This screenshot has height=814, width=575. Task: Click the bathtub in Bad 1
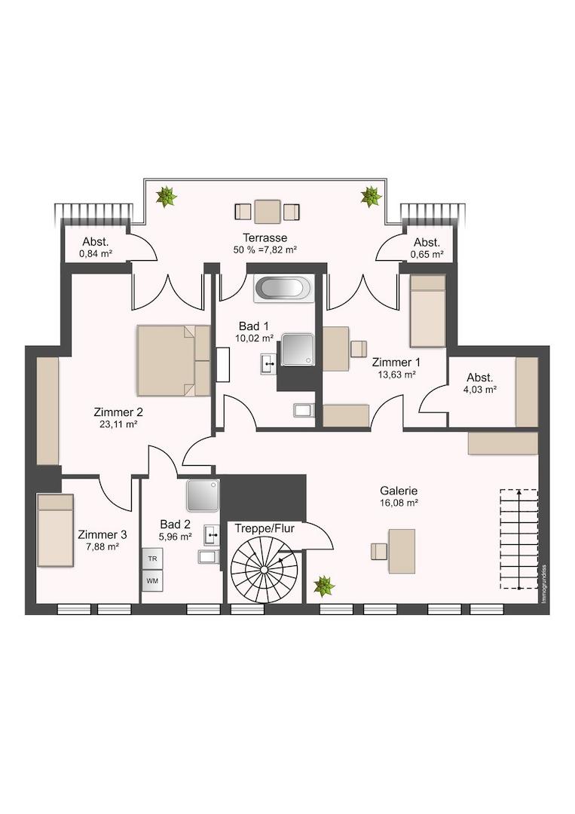point(283,289)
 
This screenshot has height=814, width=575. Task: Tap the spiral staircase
point(265,570)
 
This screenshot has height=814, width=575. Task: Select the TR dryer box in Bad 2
point(152,558)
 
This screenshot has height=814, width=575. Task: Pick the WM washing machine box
point(152,581)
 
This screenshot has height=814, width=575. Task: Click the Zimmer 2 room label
point(118,412)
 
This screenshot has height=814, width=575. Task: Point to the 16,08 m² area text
point(399,503)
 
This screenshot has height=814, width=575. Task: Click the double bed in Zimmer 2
point(174,360)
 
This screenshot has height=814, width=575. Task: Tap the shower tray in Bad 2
point(203,496)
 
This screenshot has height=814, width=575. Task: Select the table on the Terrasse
point(268,211)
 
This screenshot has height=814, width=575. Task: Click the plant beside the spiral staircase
point(324,586)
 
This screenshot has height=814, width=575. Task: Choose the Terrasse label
point(265,237)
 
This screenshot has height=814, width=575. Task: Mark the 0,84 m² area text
point(96,254)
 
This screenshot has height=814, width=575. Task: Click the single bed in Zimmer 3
point(56,530)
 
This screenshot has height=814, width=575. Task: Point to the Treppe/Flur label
point(265,528)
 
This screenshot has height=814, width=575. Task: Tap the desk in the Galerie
point(402,551)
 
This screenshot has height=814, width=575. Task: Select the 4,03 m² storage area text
point(480,390)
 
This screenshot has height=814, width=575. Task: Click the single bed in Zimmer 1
point(428,311)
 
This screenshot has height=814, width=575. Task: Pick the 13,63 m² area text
point(396,375)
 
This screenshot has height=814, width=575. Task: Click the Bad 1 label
point(254,326)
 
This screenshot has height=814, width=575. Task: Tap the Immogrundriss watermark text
point(543,583)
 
